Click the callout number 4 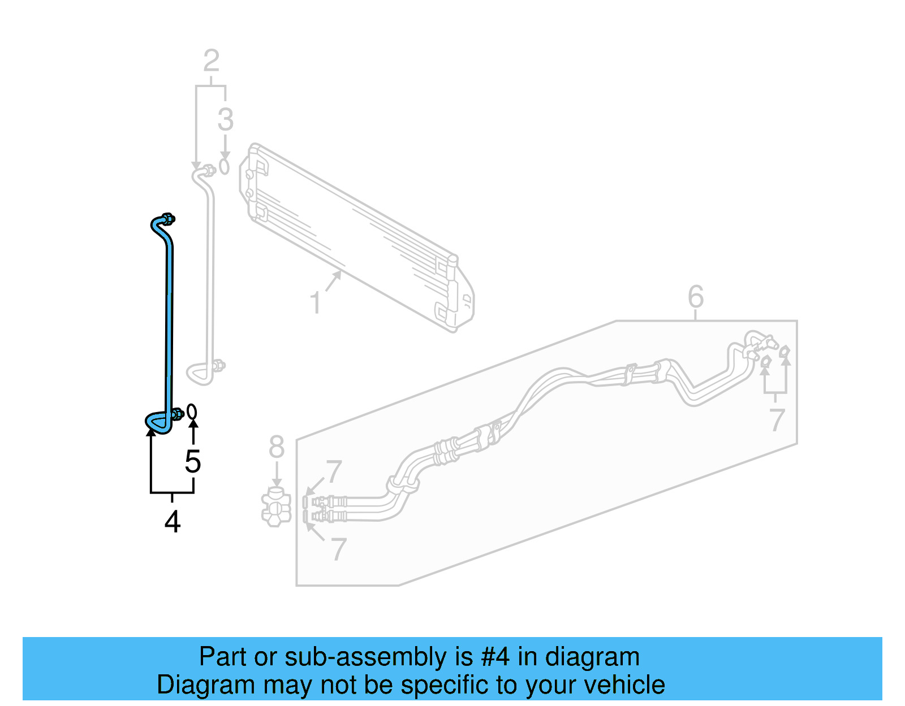click(x=173, y=522)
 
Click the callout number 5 click(x=193, y=462)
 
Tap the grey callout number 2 click(x=211, y=61)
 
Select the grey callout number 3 click(x=225, y=120)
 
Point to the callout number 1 click(x=316, y=303)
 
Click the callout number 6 click(x=696, y=297)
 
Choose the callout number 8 click(x=276, y=447)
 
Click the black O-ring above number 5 click(x=192, y=412)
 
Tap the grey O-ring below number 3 click(x=225, y=167)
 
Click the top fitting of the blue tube click(x=167, y=219)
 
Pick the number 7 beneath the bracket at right click(x=777, y=420)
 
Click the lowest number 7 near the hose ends click(x=338, y=549)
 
